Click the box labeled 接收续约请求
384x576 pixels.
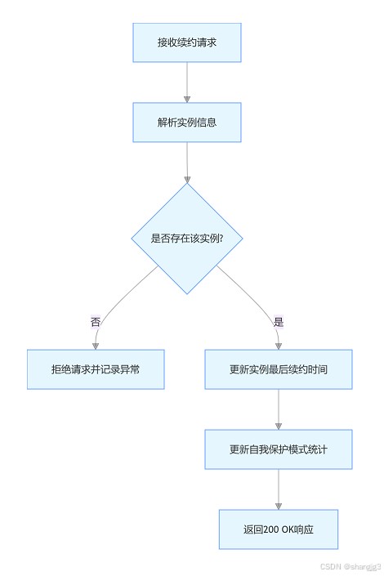pyautogui.click(x=186, y=42)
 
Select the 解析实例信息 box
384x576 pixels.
pyautogui.click(x=186, y=123)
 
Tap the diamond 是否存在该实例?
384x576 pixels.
pyautogui.click(x=187, y=239)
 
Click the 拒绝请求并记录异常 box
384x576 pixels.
pyautogui.click(x=96, y=369)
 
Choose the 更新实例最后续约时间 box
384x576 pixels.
pyautogui.click(x=278, y=369)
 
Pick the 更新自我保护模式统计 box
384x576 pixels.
pyautogui.click(x=278, y=449)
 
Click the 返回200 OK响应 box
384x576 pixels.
pyautogui.click(x=278, y=529)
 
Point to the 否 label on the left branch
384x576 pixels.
pyautogui.click(x=96, y=322)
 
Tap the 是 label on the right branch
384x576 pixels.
pyautogui.click(x=278, y=322)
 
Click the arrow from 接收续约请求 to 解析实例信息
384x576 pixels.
pyautogui.click(x=186, y=83)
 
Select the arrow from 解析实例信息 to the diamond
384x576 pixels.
pyautogui.click(x=187, y=163)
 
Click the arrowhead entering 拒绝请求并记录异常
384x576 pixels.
pyautogui.click(x=96, y=346)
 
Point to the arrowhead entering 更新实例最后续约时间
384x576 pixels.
pyautogui.click(x=278, y=346)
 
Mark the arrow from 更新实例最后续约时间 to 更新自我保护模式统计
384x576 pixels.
pyautogui.click(x=278, y=409)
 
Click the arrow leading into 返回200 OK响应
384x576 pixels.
pyautogui.click(x=278, y=489)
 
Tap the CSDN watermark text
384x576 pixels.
pyautogui.click(x=351, y=566)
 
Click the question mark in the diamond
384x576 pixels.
pyautogui.click(x=221, y=239)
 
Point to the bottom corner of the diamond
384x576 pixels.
pyautogui.click(x=187, y=294)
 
